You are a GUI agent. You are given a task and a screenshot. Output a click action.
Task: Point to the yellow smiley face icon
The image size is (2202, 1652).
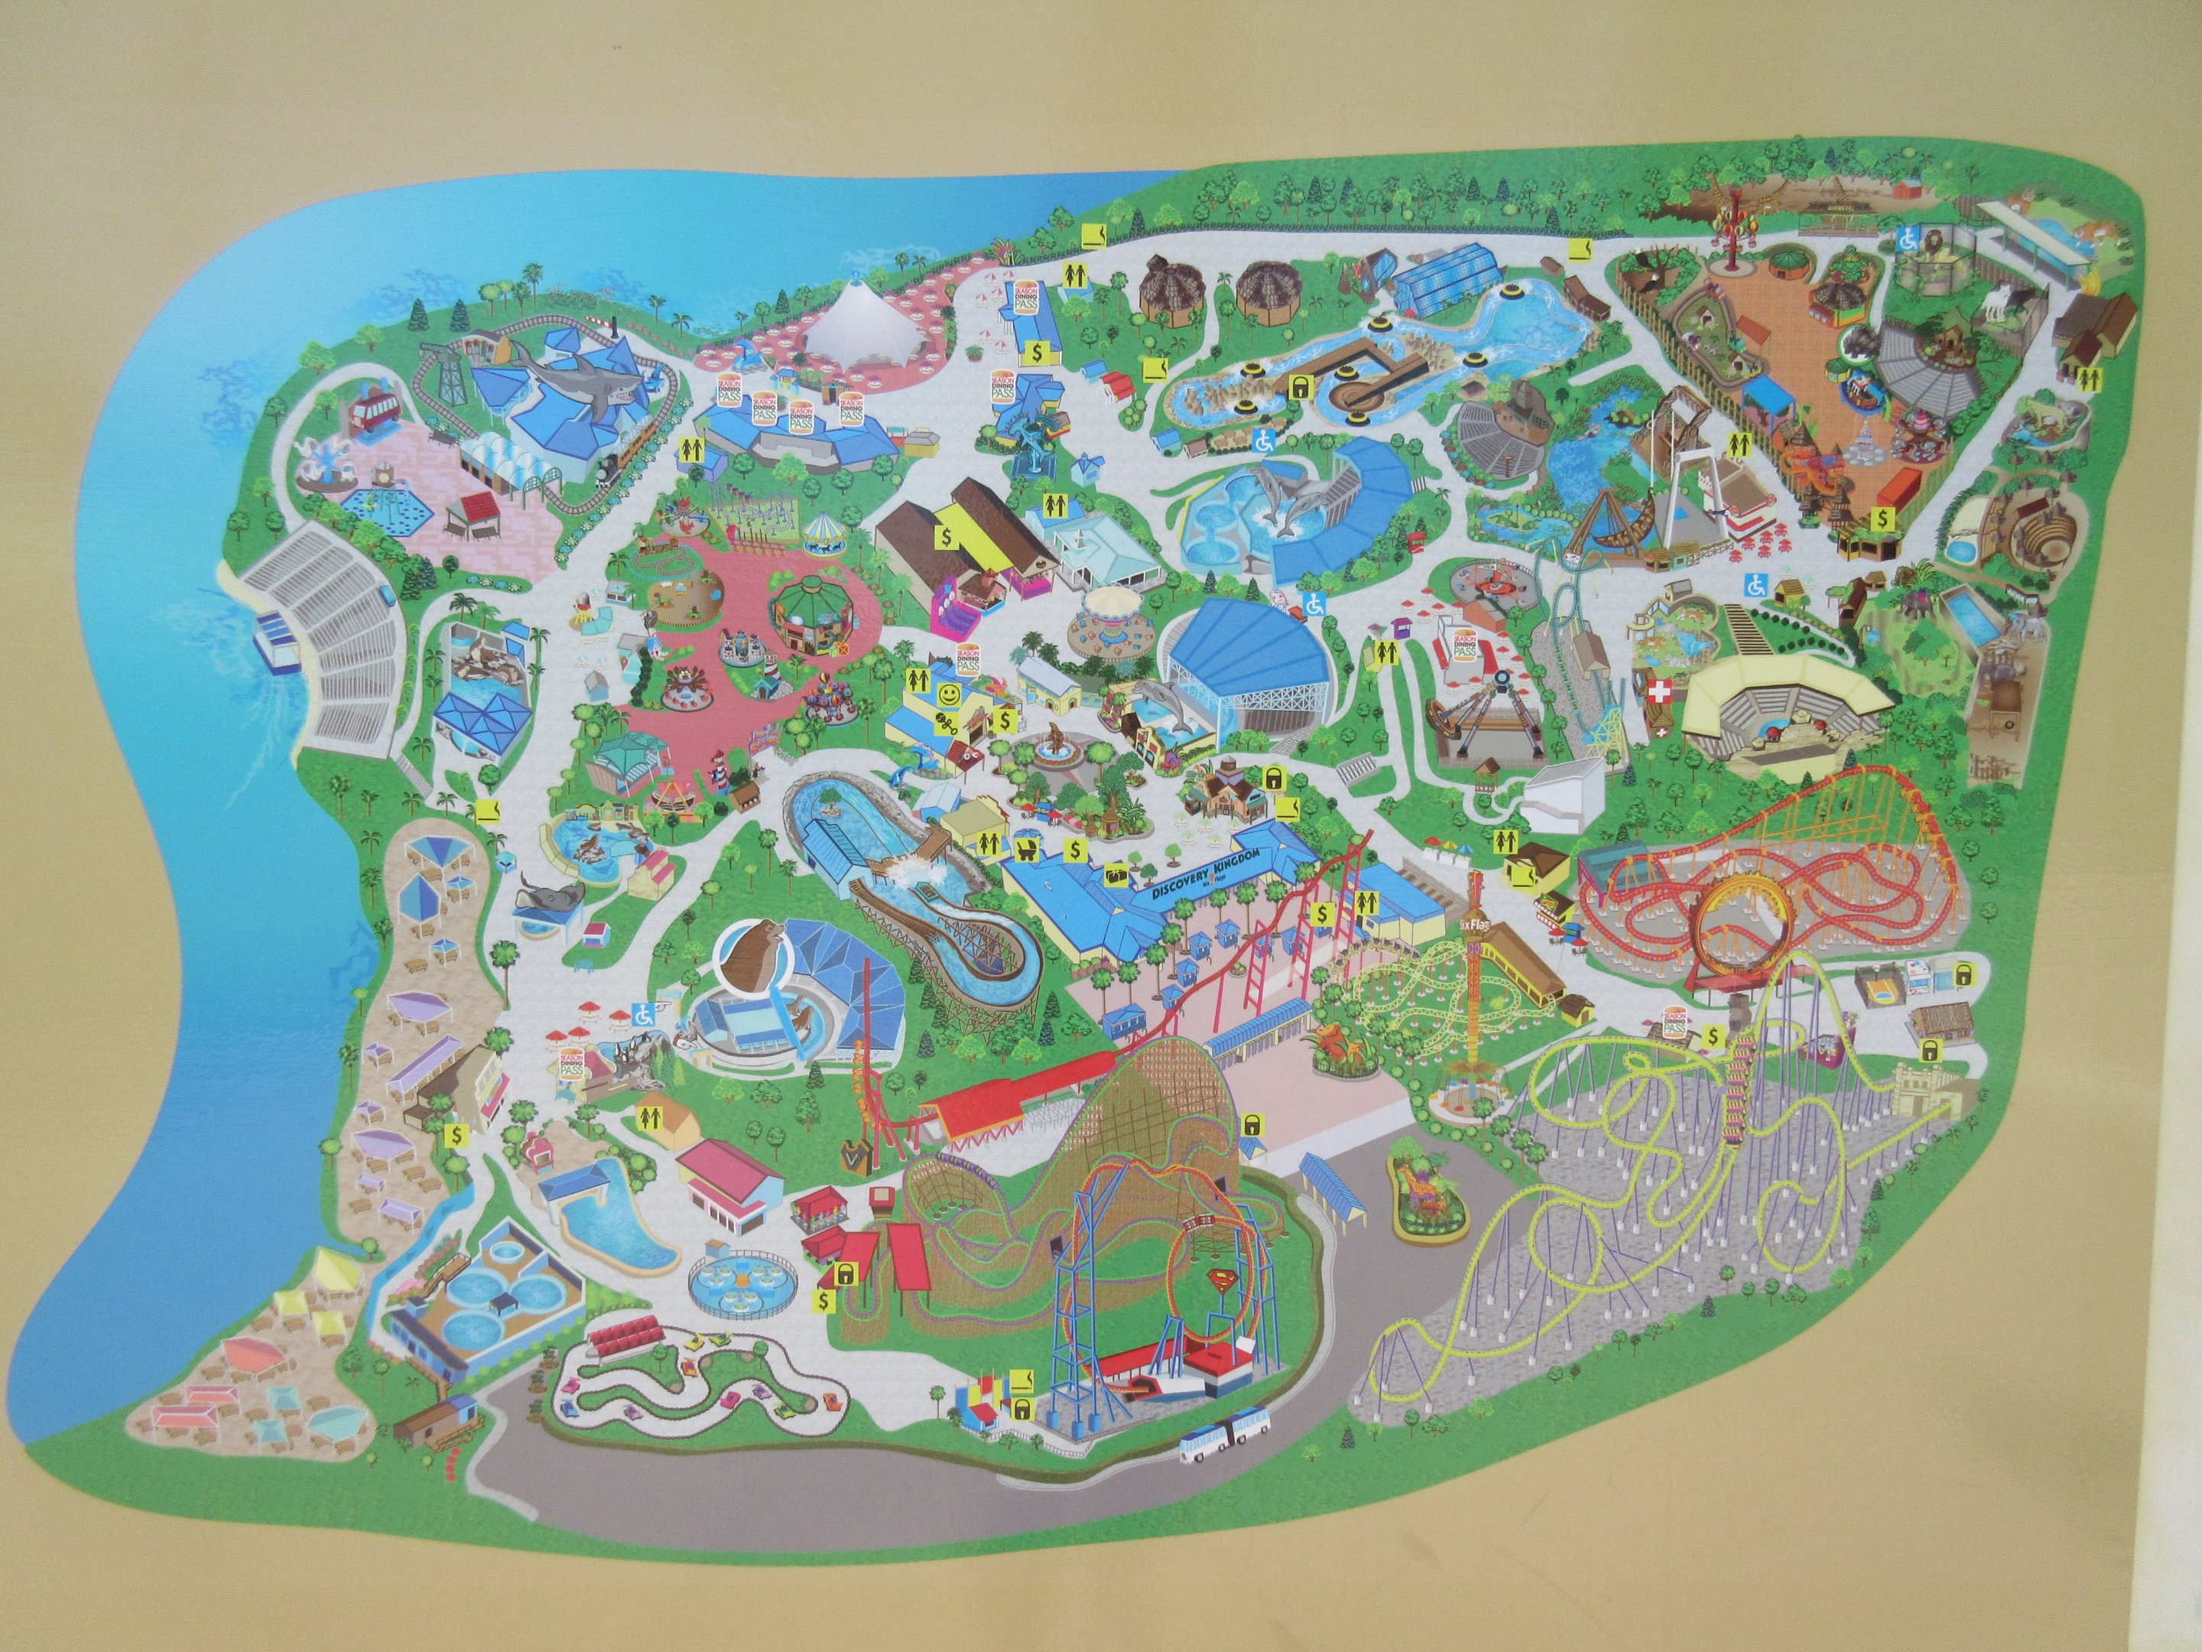[x=950, y=689]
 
